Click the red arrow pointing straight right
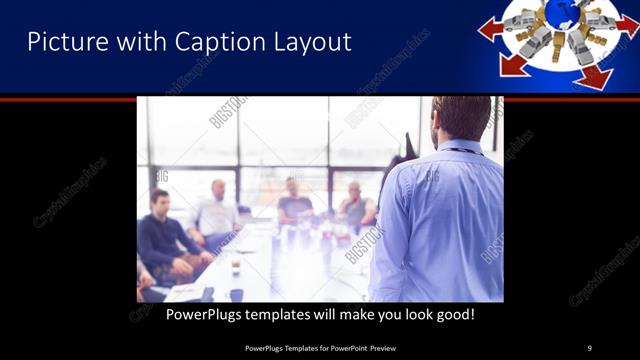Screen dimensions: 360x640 (625, 24)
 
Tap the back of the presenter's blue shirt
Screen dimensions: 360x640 (439, 220)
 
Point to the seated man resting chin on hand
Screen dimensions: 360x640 (294, 200)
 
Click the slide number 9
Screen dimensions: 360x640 (589, 347)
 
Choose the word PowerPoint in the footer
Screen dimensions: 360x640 (341, 347)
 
